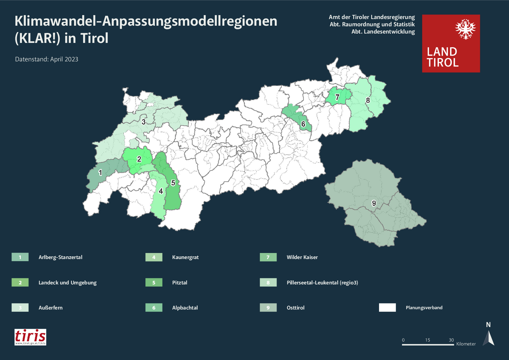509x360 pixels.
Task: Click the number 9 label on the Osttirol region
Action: [374, 203]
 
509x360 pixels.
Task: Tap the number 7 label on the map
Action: [337, 97]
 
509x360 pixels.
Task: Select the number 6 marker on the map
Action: [303, 124]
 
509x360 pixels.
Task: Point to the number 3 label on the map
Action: [143, 122]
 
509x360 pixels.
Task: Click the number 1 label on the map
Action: [100, 173]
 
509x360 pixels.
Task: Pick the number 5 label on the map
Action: [173, 183]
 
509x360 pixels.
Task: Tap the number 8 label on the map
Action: [368, 100]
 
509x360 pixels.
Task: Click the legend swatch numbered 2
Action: [20, 282]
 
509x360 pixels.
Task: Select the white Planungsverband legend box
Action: [387, 307]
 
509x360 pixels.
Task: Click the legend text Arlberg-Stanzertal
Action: [60, 257]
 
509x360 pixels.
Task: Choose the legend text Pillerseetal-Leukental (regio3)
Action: [322, 283]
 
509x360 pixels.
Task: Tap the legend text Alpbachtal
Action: [185, 308]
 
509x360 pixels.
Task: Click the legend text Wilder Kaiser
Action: [302, 257]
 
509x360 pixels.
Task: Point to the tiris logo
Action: [30, 337]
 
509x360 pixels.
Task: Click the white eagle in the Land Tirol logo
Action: [465, 29]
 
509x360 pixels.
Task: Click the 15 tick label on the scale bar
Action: [427, 340]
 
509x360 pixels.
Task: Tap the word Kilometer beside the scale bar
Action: [466, 344]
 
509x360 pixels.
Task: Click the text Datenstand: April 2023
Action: [47, 59]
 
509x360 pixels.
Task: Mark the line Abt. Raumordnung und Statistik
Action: [372, 24]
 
